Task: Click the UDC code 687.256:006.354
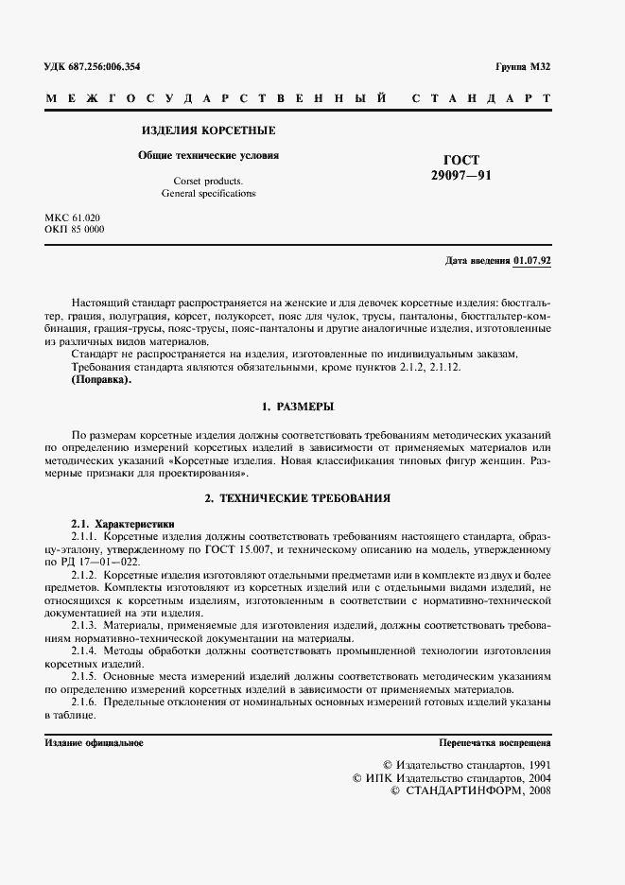tap(105, 66)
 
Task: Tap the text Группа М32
tap(523, 66)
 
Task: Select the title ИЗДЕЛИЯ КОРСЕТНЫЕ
tap(208, 130)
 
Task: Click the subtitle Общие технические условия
tap(208, 155)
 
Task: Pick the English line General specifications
tap(208, 193)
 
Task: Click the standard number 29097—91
tap(460, 176)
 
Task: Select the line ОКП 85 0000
tap(76, 230)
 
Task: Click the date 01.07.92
tap(533, 260)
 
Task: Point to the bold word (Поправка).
tap(101, 381)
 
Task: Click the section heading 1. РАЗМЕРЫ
tap(296, 408)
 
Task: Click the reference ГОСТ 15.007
tap(282, 548)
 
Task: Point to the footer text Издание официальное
tap(94, 742)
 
